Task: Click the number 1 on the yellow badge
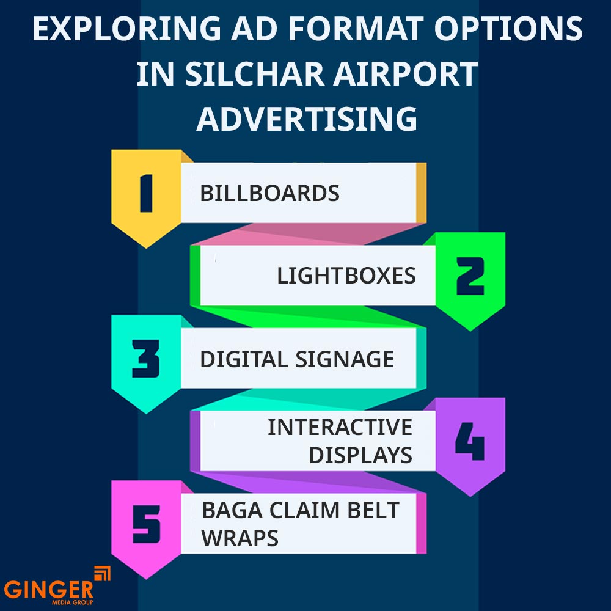click(x=145, y=193)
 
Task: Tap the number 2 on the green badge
click(x=470, y=276)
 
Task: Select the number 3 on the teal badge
click(x=145, y=359)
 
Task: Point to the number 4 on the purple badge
click(x=470, y=441)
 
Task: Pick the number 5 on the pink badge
click(x=145, y=524)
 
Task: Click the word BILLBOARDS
click(x=269, y=194)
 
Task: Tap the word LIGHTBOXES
click(x=346, y=276)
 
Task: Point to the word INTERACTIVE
click(x=340, y=427)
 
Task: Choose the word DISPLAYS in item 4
click(x=360, y=455)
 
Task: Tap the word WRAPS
click(x=240, y=538)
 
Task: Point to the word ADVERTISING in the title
click(x=307, y=119)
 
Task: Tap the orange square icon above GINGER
click(x=101, y=574)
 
